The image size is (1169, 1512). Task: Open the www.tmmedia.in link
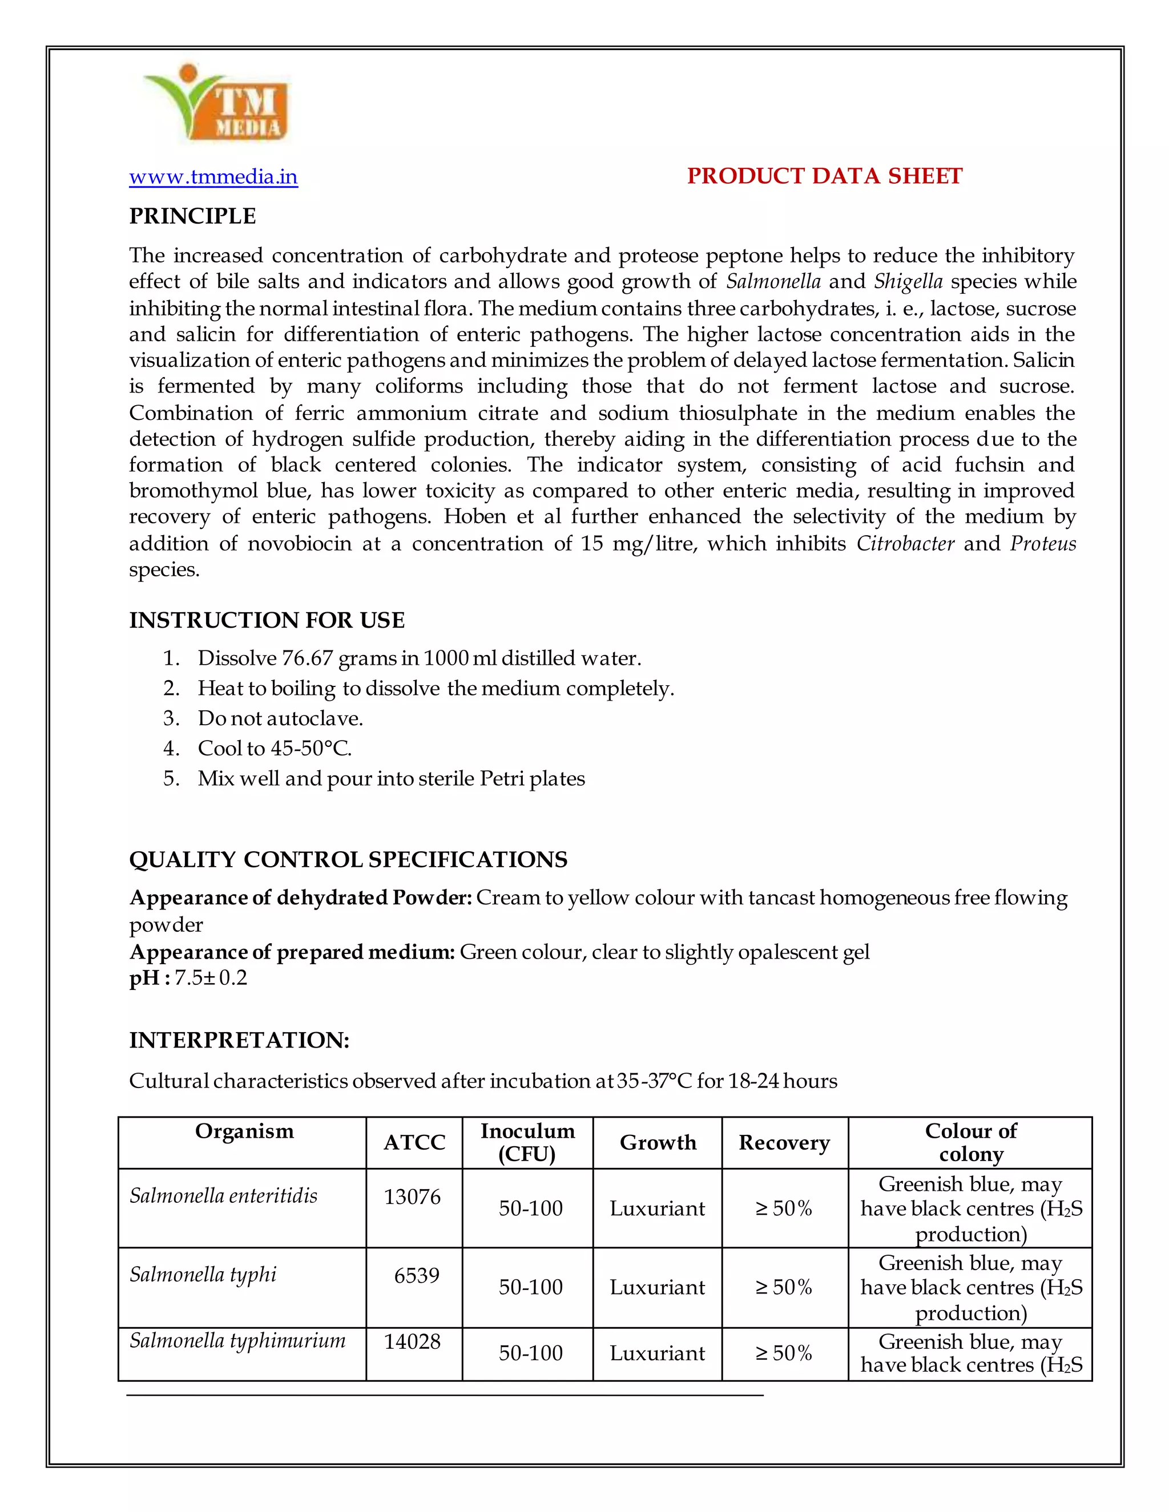click(213, 177)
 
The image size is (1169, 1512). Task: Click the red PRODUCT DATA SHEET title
click(824, 176)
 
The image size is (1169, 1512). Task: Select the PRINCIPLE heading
click(192, 216)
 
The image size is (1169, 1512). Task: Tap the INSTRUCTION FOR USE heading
click(267, 620)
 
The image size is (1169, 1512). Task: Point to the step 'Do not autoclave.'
click(280, 718)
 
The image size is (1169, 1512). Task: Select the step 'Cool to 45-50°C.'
click(274, 749)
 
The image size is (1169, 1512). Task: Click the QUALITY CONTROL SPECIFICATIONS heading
click(348, 860)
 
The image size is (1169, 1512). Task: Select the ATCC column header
click(414, 1142)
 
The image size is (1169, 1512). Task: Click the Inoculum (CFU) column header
click(528, 1142)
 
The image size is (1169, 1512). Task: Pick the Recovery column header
click(784, 1142)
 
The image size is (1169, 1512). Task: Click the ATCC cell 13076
click(412, 1197)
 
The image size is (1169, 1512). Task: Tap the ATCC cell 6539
click(416, 1276)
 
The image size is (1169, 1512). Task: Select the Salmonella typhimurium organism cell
click(237, 1341)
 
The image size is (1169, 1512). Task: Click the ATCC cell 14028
click(412, 1342)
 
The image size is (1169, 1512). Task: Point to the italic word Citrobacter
click(905, 544)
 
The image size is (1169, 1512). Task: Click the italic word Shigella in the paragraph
click(908, 282)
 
